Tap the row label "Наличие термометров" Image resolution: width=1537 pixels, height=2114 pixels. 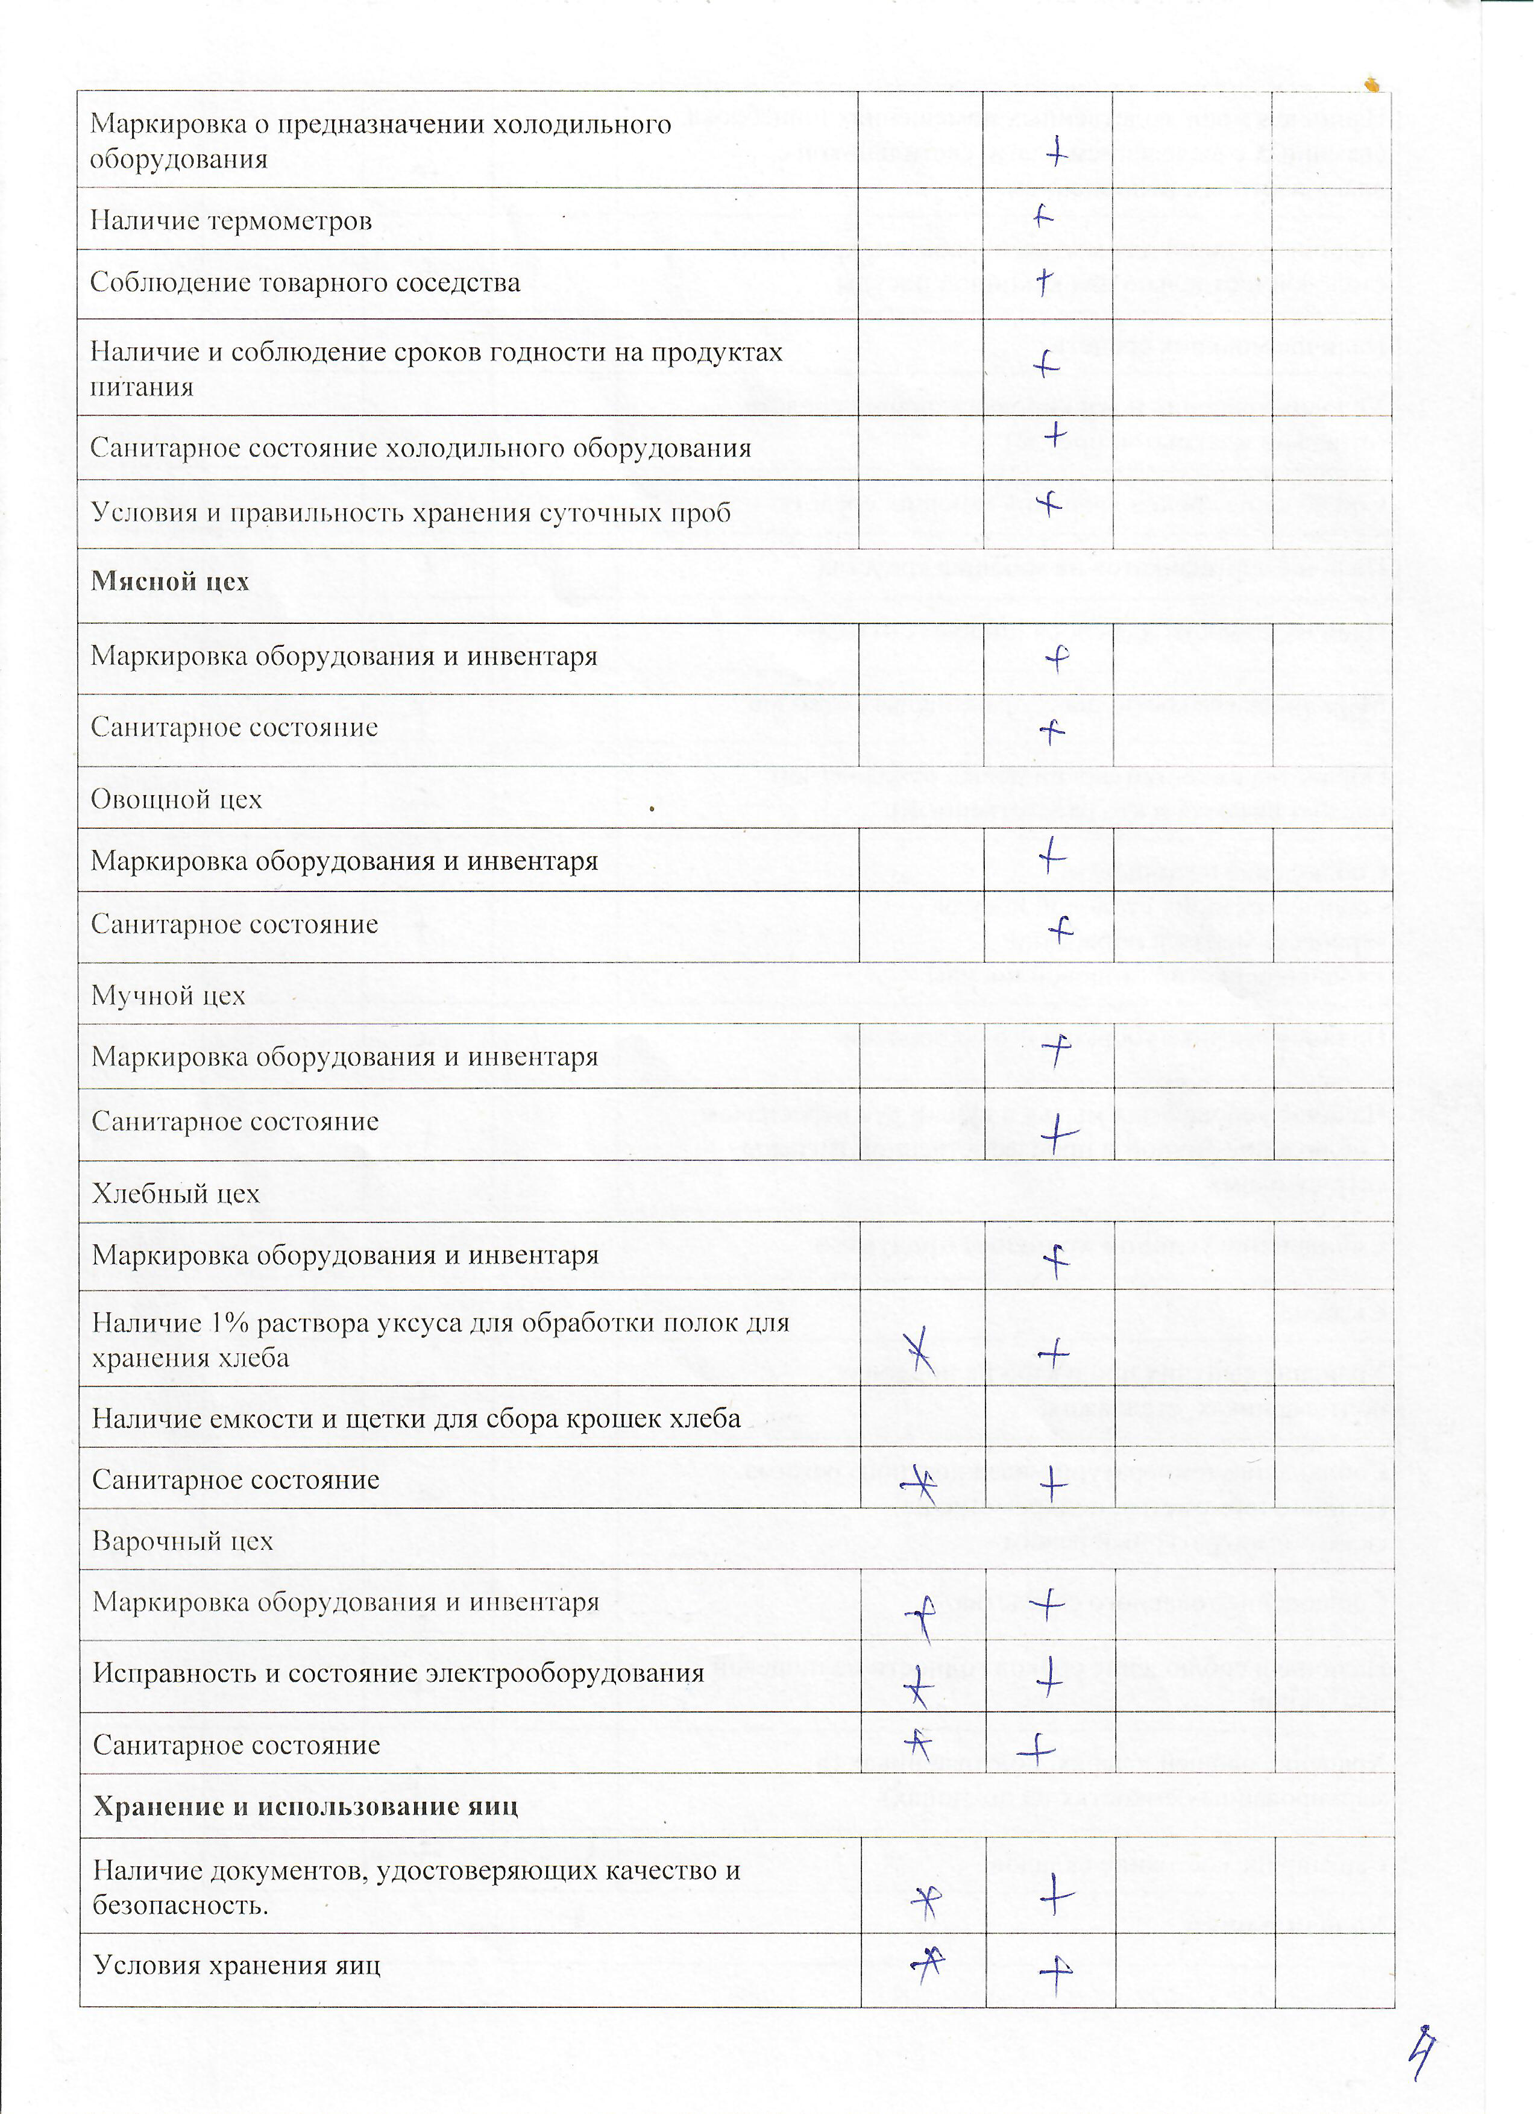pos(231,221)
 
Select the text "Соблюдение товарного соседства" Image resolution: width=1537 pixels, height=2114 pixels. pos(305,283)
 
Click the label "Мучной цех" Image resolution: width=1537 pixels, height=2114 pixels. pos(169,995)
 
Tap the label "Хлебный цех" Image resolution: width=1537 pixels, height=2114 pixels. pos(175,1193)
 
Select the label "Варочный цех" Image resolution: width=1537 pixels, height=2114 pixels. pos(183,1541)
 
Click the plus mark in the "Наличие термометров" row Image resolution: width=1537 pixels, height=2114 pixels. pos(1044,217)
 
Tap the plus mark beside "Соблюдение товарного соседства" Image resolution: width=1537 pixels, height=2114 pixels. pos(1045,280)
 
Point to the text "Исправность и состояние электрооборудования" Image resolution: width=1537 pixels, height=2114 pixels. pos(398,1672)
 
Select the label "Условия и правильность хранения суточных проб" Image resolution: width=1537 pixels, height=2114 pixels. pos(410,512)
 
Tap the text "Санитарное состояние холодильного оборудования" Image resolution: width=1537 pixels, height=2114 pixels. pos(420,448)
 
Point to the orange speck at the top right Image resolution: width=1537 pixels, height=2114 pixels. pos(1371,86)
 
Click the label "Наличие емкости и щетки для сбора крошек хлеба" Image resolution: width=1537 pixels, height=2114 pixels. pos(416,1418)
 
